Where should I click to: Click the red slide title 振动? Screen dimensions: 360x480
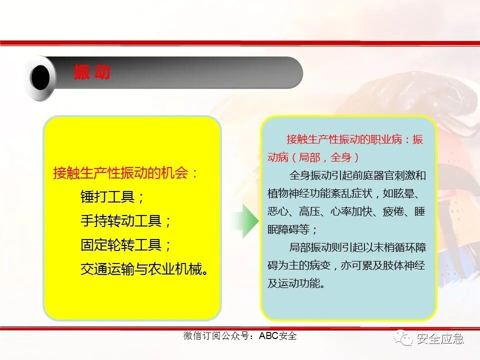pos(92,73)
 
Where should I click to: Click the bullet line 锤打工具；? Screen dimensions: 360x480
pos(113,196)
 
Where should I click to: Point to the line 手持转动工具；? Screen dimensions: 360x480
pos(126,220)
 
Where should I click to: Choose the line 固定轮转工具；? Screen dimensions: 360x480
pos(126,244)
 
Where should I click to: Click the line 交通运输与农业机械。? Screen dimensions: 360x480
pos(144,268)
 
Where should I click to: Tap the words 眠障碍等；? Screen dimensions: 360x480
pos(293,229)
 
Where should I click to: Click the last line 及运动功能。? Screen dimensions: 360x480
pos(297,283)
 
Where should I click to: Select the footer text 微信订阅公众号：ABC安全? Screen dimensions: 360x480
pos(239,336)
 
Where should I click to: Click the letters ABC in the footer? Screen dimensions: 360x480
pos(268,336)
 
